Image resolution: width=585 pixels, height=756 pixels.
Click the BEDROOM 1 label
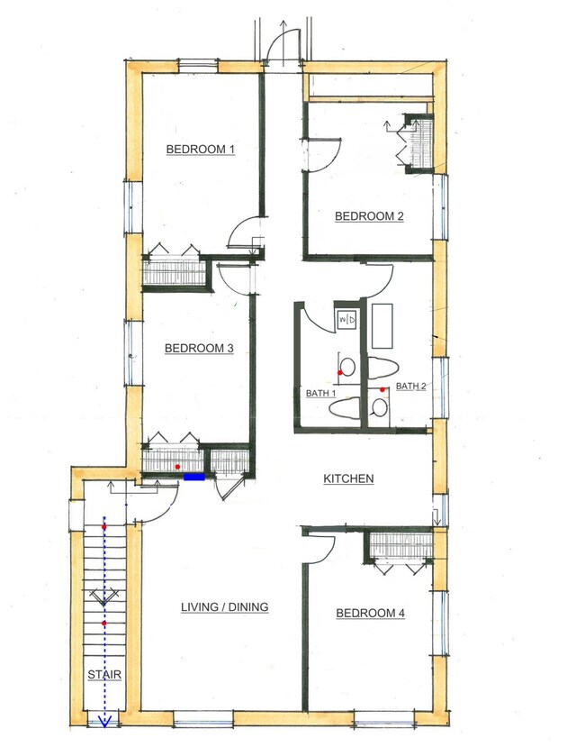point(201,150)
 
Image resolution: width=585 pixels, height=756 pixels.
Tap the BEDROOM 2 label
point(369,216)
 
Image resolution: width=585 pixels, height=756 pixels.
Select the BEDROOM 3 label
point(199,348)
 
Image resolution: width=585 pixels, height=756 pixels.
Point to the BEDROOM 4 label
point(370,614)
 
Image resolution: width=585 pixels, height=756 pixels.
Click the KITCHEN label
point(348,478)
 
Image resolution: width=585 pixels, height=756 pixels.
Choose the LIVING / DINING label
point(225,607)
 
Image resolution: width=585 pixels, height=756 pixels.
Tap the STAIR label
point(104,675)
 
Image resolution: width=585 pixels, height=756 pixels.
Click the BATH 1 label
point(320,394)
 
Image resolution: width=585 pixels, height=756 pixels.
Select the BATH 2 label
point(410,387)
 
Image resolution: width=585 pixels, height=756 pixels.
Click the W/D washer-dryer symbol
point(346,319)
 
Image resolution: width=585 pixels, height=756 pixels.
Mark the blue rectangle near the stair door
point(194,477)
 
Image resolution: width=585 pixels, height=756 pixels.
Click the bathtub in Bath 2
point(382,326)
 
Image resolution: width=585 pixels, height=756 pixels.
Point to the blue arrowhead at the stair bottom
point(104,720)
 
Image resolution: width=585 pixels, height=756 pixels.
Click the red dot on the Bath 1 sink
point(340,373)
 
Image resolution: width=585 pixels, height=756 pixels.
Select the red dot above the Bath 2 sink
point(382,389)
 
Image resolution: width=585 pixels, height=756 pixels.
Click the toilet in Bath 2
point(383,369)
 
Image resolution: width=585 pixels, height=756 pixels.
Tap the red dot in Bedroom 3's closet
point(177,467)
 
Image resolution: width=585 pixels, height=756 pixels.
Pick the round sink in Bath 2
point(380,408)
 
